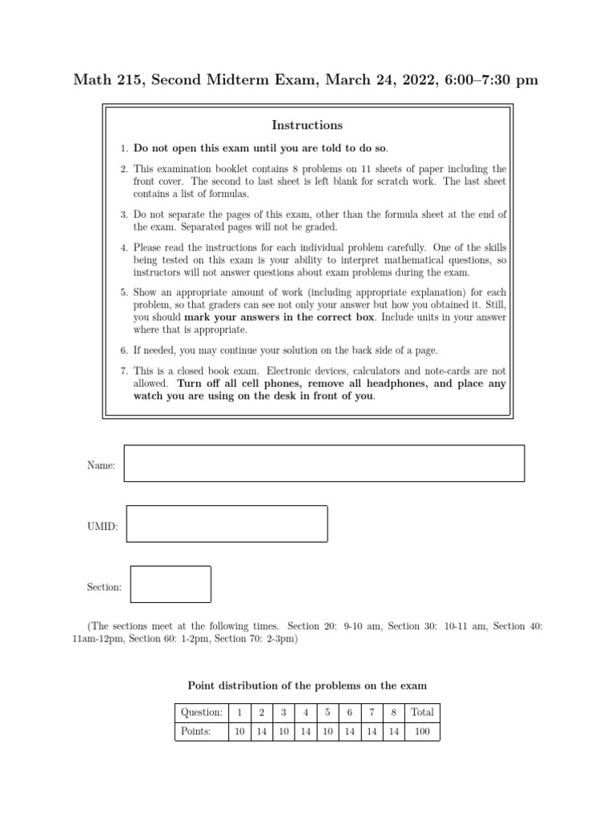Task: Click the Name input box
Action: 324,464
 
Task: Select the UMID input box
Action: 227,524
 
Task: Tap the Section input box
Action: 171,584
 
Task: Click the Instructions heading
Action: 307,125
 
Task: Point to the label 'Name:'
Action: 101,465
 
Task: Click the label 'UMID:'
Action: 102,526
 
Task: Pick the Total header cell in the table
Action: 422,712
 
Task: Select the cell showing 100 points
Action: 422,731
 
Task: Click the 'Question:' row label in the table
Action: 202,712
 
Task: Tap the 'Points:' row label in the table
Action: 196,731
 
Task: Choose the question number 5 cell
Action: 328,712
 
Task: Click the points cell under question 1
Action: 239,731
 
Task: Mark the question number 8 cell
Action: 393,712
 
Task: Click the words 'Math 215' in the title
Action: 103,79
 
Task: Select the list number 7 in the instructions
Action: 124,372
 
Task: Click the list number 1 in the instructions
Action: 124,148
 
